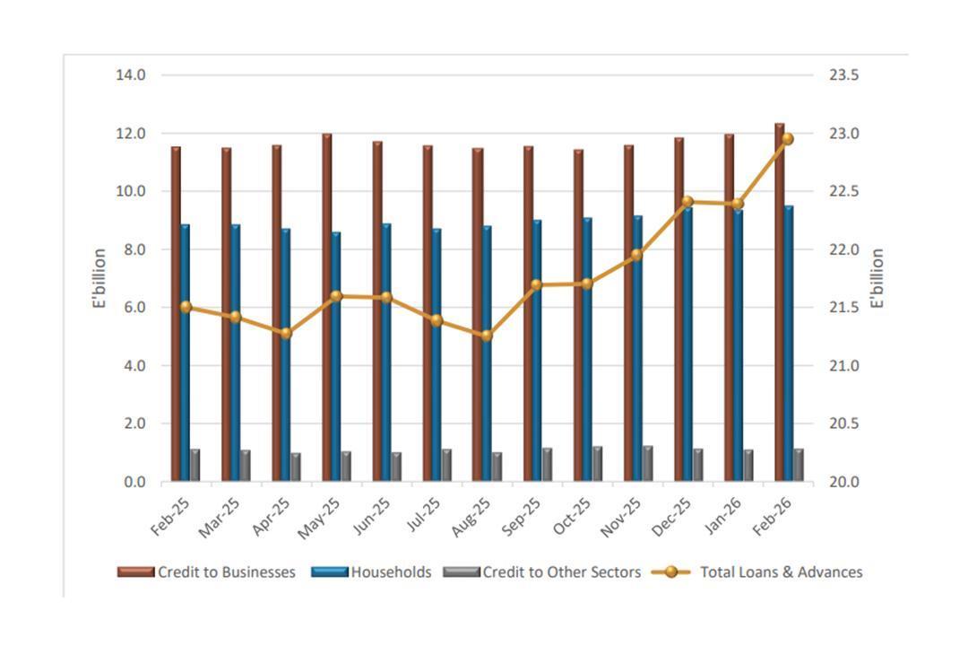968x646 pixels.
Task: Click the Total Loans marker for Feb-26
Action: (788, 139)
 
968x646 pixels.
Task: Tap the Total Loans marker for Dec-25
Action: (687, 202)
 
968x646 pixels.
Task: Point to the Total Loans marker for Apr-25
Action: (286, 333)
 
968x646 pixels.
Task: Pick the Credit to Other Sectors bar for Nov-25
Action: (647, 464)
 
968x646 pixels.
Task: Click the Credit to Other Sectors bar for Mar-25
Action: (245, 466)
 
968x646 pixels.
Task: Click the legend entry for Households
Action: (372, 572)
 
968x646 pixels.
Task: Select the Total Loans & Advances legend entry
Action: (757, 572)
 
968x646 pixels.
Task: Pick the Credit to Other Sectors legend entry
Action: (543, 572)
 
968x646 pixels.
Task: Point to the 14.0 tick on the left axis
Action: (131, 74)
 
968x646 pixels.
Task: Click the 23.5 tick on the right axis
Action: (843, 74)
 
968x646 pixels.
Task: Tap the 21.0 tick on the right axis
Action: (843, 365)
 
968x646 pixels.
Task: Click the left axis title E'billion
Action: (100, 278)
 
